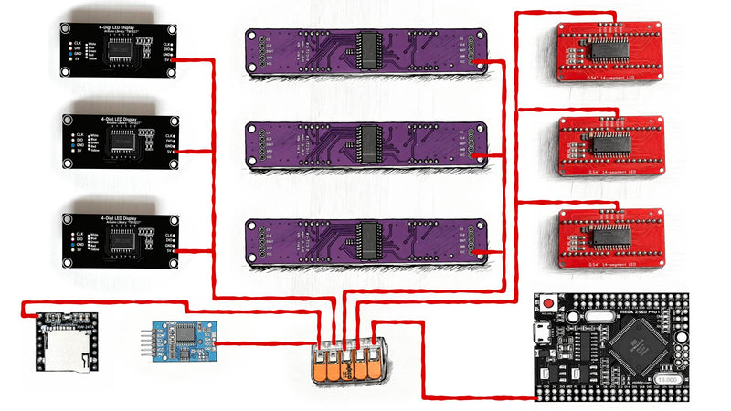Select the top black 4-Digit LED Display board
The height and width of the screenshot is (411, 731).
120,49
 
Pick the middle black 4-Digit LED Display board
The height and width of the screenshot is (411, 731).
120,141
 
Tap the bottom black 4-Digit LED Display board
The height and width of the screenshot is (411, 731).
120,239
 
